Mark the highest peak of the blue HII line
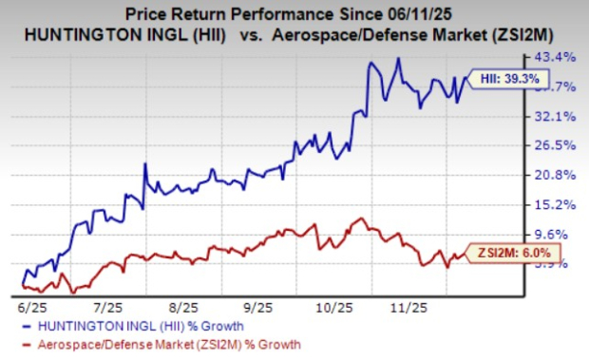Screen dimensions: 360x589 tap(400, 58)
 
